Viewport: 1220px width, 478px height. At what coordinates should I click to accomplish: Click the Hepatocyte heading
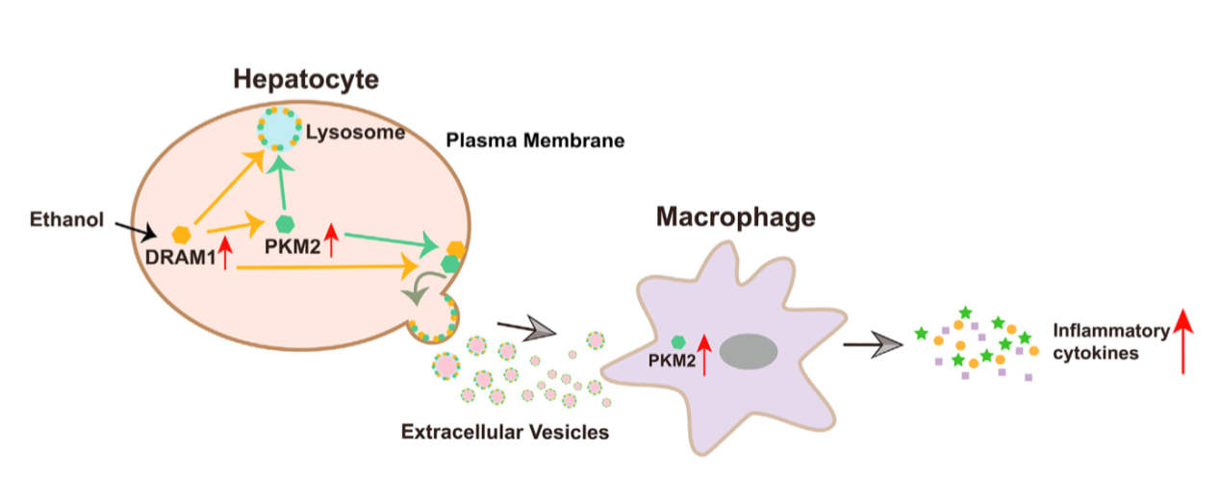tap(306, 80)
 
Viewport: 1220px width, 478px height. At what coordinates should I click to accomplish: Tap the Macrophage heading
tap(736, 217)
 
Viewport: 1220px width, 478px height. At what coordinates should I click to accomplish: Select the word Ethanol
tap(66, 219)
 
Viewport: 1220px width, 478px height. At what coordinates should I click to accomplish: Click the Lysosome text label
tap(355, 133)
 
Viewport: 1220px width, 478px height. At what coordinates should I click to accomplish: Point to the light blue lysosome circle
tap(279, 129)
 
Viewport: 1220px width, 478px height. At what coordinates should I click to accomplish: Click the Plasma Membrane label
tap(535, 140)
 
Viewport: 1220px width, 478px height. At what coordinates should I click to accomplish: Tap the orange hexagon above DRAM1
tap(182, 235)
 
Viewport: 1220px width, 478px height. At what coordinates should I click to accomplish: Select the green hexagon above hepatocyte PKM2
tap(285, 224)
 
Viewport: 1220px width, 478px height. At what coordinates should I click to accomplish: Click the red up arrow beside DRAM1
tap(225, 253)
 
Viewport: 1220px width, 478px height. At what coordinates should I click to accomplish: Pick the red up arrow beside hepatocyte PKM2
tap(331, 239)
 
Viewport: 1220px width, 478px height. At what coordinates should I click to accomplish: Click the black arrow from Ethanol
tap(137, 232)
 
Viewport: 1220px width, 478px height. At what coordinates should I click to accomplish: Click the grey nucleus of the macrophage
tap(749, 352)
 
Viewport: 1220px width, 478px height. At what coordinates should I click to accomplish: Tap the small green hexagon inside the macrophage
tap(678, 341)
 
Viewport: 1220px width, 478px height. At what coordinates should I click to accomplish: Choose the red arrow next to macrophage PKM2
tap(704, 355)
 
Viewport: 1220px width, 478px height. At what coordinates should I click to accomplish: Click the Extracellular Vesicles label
tap(505, 432)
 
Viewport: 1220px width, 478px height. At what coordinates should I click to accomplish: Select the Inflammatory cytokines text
tap(1111, 341)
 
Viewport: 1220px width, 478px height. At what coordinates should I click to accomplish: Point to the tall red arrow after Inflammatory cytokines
tap(1183, 341)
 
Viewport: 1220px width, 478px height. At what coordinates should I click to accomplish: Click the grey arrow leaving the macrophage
tap(873, 344)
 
